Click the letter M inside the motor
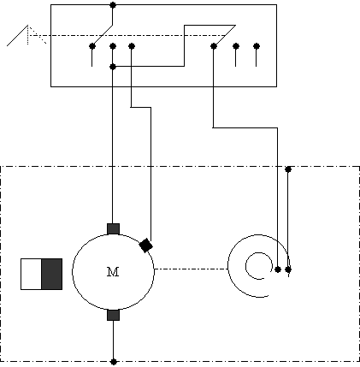pyautogui.click(x=113, y=272)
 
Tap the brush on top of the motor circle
pyautogui.click(x=113, y=229)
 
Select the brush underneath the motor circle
pyautogui.click(x=113, y=315)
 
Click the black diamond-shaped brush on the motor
pyautogui.click(x=146, y=246)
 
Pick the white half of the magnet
pyautogui.click(x=32, y=274)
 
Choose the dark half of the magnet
pyautogui.click(x=52, y=274)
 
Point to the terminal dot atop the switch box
pyautogui.click(x=113, y=5)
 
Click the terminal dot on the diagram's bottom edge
pyautogui.click(x=114, y=362)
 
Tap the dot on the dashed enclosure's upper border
pyautogui.click(x=288, y=169)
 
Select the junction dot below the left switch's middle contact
pyautogui.click(x=113, y=67)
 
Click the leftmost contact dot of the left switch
pyautogui.click(x=91, y=46)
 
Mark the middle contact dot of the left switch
pyautogui.click(x=113, y=46)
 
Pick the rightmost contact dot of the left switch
pyautogui.click(x=132, y=46)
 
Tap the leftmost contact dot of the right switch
pyautogui.click(x=214, y=46)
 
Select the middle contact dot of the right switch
pyautogui.click(x=236, y=46)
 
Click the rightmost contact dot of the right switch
pyautogui.click(x=257, y=46)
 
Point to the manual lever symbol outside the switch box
pyautogui.click(x=27, y=35)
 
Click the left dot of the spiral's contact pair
pyautogui.click(x=278, y=269)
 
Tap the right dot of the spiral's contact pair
pyautogui.click(x=288, y=269)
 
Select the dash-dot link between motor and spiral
pyautogui.click(x=191, y=269)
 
